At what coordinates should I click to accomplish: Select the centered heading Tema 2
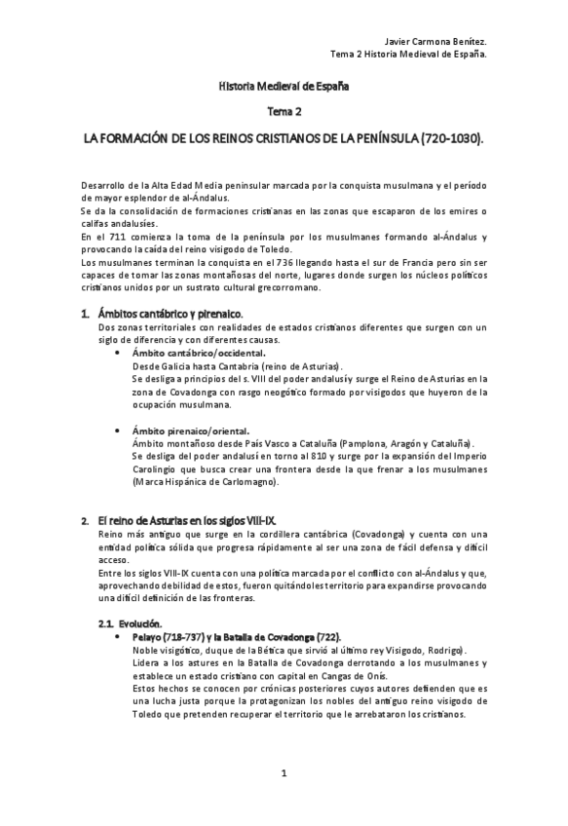click(284, 112)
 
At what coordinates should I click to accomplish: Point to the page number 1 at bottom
click(284, 773)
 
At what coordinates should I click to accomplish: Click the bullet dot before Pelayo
click(119, 636)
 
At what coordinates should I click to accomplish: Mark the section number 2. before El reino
click(86, 521)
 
